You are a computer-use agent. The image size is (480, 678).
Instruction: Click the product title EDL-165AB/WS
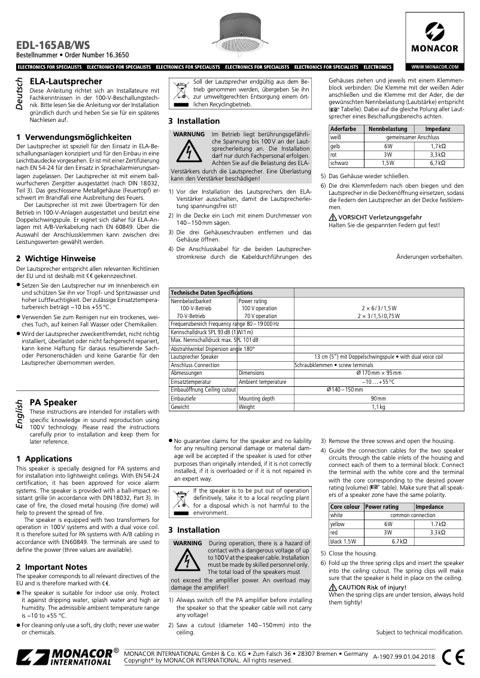pos(53,44)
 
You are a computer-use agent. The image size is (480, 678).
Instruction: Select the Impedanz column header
pos(437,129)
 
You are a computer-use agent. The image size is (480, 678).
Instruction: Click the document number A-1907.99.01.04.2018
pos(403,656)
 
